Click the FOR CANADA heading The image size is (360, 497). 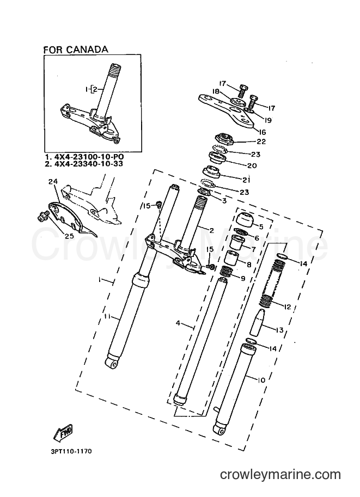point(76,50)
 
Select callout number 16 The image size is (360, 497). point(263,132)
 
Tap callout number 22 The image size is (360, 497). point(261,142)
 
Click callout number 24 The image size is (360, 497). point(53,182)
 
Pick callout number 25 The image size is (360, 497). point(69,236)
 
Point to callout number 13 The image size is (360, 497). point(279,330)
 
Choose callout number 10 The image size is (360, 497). point(261,380)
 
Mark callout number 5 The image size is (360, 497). point(261,226)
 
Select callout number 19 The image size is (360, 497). point(269,120)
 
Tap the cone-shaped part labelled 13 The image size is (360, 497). point(257,322)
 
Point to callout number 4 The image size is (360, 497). point(178,323)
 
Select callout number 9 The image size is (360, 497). point(243,279)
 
